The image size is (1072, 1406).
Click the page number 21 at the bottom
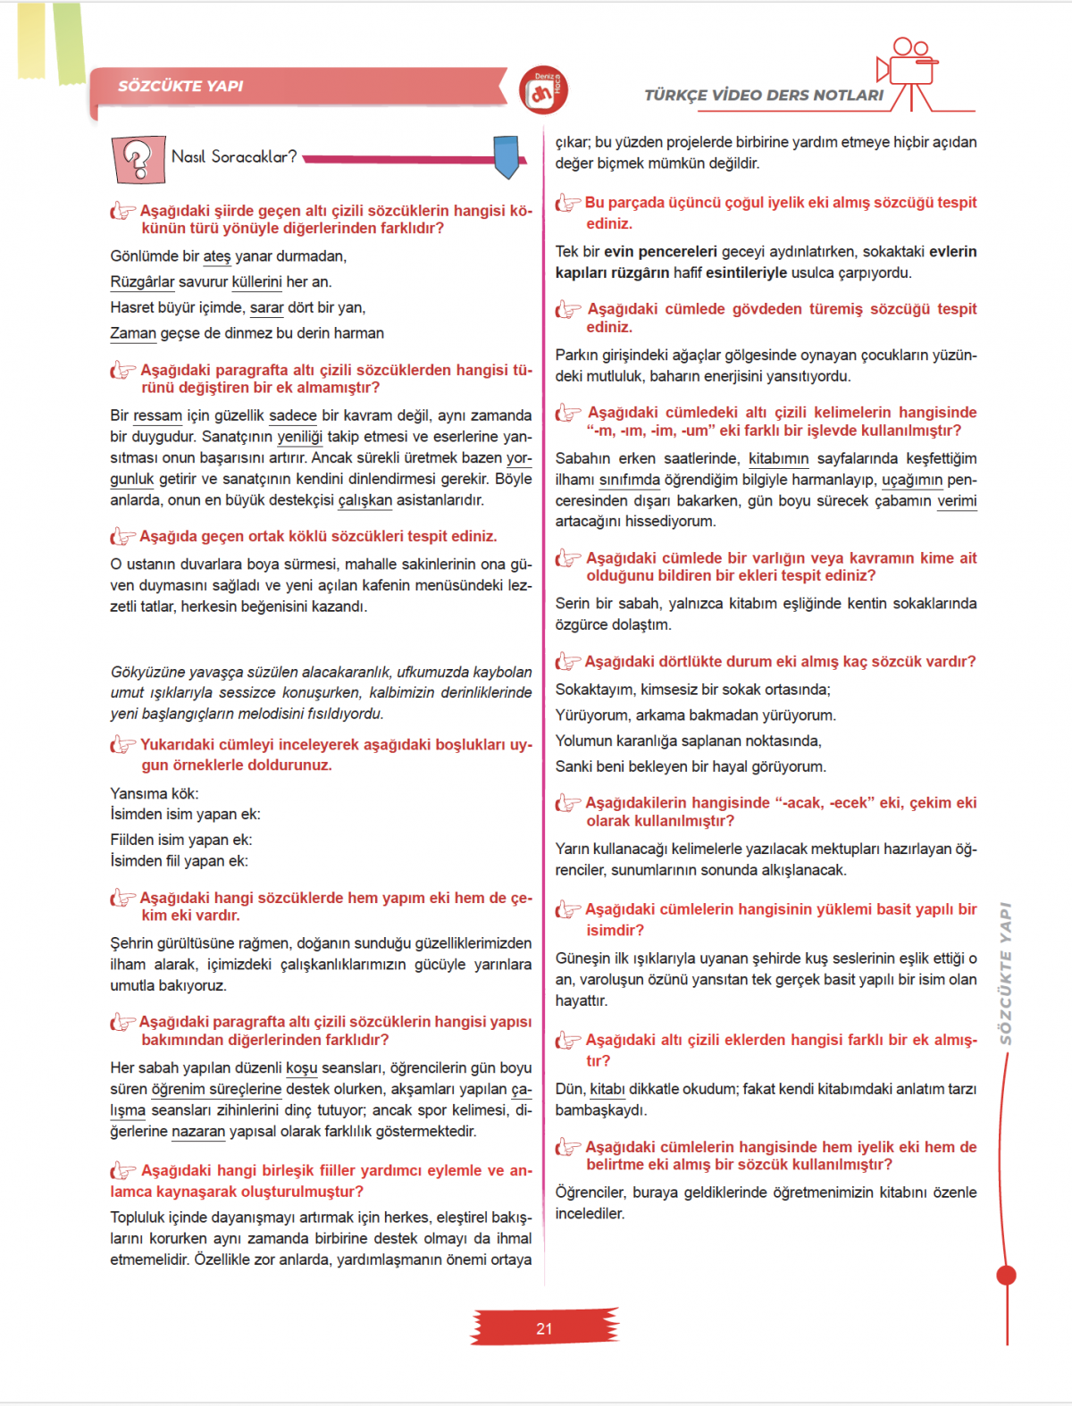pos(544,1328)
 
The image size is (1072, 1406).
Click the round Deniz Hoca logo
pos(543,90)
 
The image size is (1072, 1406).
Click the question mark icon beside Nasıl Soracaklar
pos(138,159)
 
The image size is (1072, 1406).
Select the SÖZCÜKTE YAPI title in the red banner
pos(180,86)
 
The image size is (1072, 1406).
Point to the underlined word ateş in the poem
pos(217,256)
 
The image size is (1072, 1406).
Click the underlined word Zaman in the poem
pos(133,333)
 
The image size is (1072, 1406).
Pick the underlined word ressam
pos(157,415)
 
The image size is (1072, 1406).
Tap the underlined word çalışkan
pos(364,500)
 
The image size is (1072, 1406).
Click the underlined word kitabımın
pos(778,458)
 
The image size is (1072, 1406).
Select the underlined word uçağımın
pos(912,480)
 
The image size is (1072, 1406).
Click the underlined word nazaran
pos(198,1132)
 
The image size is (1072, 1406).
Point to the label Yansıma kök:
pos(155,793)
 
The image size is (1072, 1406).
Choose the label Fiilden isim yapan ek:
pos(181,840)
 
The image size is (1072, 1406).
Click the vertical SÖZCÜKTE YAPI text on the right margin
pos(1006,973)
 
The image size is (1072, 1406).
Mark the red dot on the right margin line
pos(1007,1275)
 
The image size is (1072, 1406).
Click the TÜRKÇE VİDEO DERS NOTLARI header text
pos(764,95)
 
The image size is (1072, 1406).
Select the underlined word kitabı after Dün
pos(607,1089)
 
